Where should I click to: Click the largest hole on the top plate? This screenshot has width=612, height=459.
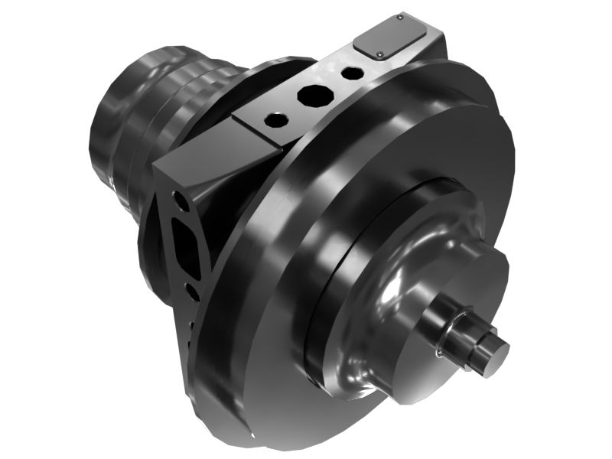coord(311,96)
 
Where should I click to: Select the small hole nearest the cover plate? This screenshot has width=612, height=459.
coord(352,74)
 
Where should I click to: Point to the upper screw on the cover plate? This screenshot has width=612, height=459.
coord(401,16)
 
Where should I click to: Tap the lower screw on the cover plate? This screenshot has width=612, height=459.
coord(380,54)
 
